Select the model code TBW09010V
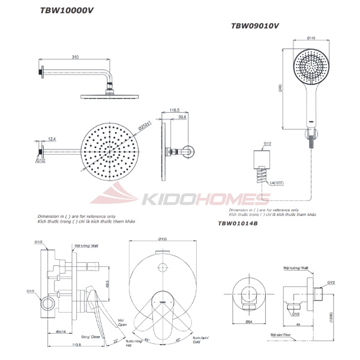pyautogui.click(x=255, y=26)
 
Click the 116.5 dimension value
pyautogui.click(x=175, y=110)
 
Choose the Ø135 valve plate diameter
pyautogui.click(x=162, y=239)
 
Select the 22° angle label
pyautogui.click(x=115, y=341)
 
